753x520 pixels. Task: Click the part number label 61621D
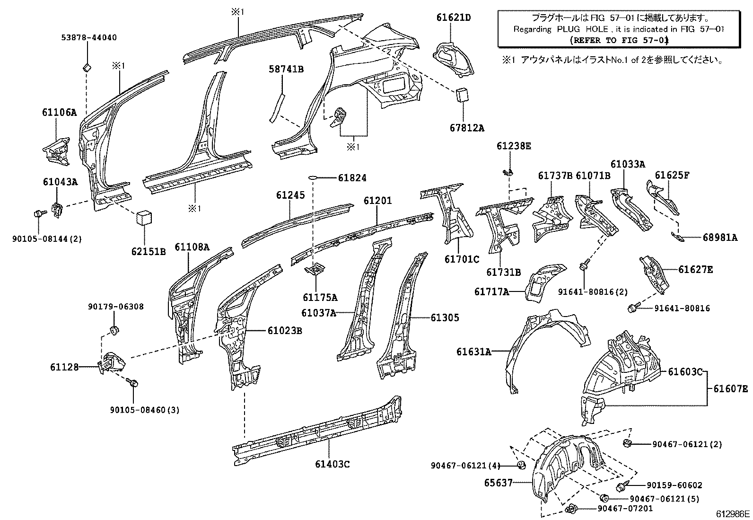point(453,18)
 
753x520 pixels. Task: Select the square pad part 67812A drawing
point(462,95)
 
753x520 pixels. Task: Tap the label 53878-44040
point(88,37)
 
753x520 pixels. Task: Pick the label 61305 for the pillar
point(444,317)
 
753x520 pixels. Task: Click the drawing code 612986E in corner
point(732,514)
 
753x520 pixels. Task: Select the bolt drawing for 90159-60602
point(622,486)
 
